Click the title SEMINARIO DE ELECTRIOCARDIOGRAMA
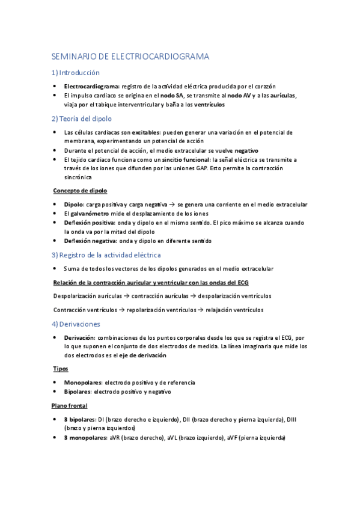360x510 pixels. (130, 57)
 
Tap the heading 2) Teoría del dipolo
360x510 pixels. (82, 118)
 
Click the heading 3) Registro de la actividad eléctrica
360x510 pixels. (106, 255)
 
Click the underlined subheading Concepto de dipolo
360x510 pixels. (80, 191)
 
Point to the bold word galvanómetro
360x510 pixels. (93, 214)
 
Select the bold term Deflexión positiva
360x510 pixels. (90, 223)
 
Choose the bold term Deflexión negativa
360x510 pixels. (91, 241)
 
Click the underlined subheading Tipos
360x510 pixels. (61, 369)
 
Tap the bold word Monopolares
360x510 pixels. (82, 382)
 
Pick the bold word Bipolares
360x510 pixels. (78, 392)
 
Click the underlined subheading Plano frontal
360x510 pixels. (70, 405)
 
